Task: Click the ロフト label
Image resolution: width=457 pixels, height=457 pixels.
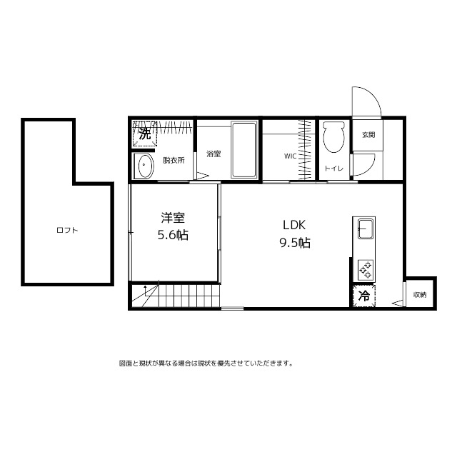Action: (67, 231)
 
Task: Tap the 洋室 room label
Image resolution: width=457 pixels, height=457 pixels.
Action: (173, 217)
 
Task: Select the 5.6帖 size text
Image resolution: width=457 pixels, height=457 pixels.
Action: (173, 235)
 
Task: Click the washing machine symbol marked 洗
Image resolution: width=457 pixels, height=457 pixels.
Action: (145, 133)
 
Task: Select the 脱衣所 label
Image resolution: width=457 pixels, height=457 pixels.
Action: (174, 161)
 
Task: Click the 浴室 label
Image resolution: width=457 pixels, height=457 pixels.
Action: (213, 154)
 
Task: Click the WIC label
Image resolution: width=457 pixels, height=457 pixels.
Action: (290, 155)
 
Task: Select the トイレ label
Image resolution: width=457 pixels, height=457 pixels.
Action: (333, 169)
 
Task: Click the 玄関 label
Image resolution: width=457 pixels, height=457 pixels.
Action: (368, 134)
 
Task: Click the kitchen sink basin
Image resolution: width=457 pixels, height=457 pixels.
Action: (364, 231)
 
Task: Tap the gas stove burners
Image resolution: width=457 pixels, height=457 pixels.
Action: (364, 269)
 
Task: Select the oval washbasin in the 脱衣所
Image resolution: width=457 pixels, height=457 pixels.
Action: (144, 166)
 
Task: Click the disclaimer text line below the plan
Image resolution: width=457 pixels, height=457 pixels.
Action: (206, 363)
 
